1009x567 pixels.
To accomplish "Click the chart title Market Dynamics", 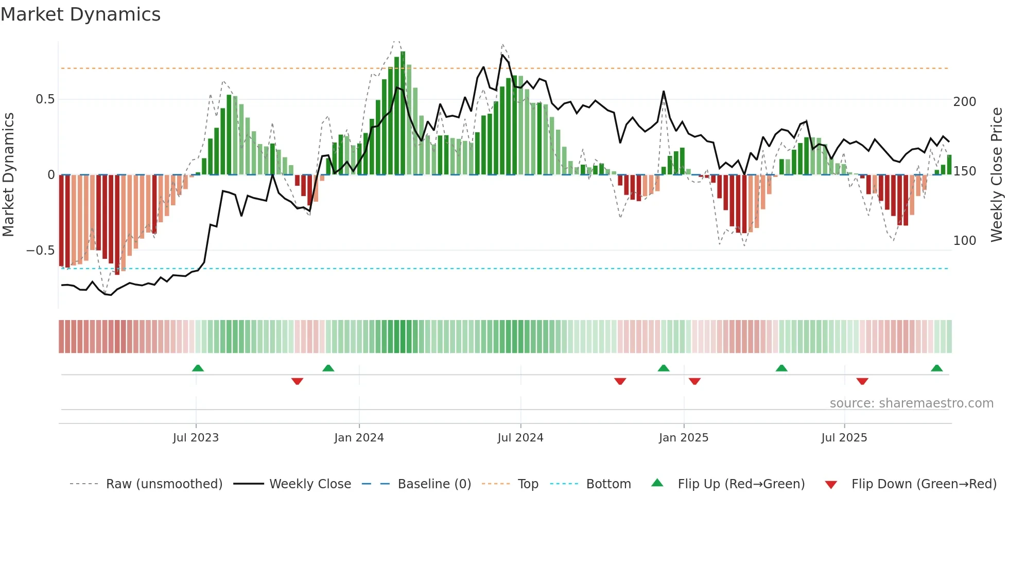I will coord(81,14).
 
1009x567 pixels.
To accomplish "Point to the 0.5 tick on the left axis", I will coord(45,99).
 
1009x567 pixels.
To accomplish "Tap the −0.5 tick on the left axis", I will coord(41,251).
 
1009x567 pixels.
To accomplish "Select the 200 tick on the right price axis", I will coord(964,102).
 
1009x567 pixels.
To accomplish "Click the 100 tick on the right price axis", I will coord(964,241).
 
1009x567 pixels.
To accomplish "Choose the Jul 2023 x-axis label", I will coord(196,438).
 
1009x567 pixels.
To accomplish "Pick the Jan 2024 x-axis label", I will coord(359,438).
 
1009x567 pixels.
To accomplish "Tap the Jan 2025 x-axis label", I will coord(683,438).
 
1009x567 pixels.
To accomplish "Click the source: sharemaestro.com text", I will coord(911,403).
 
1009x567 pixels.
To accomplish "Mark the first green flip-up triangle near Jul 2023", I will coord(198,368).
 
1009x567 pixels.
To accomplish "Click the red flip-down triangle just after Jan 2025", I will coord(694,381).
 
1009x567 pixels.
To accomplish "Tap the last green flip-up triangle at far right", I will coord(936,368).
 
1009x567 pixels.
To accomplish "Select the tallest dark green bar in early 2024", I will coord(403,113).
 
